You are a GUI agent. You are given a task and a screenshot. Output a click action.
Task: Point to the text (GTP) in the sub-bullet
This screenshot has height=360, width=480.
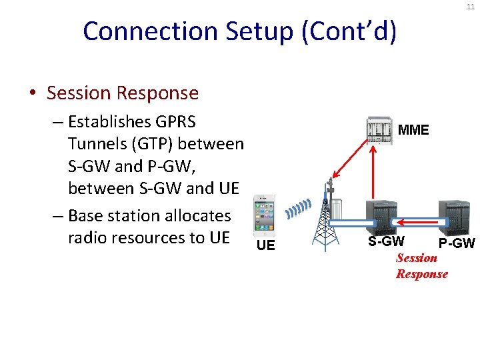coord(145,144)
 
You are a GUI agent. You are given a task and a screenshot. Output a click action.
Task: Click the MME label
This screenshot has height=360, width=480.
coord(413,130)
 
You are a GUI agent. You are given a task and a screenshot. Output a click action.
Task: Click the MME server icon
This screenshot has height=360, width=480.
coord(379,130)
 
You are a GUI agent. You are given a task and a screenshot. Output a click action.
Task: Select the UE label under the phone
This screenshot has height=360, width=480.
coord(265,245)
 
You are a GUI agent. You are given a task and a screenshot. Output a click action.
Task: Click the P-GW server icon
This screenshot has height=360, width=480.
coord(455,218)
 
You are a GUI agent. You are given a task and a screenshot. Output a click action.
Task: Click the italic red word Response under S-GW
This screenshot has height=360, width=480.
coord(422,274)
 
